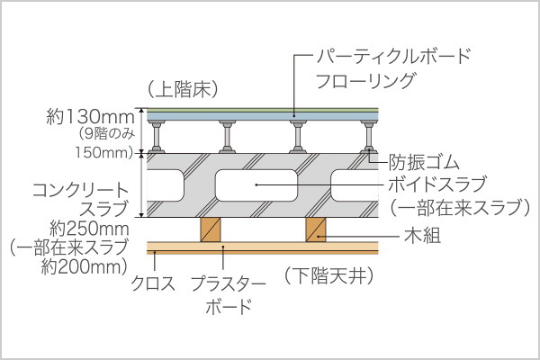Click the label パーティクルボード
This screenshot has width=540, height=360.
click(x=393, y=56)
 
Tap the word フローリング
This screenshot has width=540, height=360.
click(x=365, y=81)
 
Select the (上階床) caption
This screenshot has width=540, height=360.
click(x=184, y=90)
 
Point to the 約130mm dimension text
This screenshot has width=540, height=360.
click(x=90, y=117)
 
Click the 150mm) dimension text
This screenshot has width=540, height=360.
click(x=104, y=152)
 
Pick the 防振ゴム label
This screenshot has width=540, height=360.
click(x=424, y=162)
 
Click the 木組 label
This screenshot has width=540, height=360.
click(x=423, y=237)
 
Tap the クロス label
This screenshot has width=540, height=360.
click(x=153, y=283)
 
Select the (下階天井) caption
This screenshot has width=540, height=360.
click(x=328, y=276)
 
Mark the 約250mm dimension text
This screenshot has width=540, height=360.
click(x=89, y=229)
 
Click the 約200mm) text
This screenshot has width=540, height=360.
click(x=85, y=267)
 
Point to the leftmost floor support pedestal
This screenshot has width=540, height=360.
click(x=157, y=137)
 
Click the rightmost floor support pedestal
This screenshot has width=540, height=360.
click(x=369, y=137)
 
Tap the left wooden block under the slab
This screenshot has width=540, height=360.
click(x=211, y=229)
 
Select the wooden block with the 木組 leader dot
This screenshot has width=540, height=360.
click(x=316, y=229)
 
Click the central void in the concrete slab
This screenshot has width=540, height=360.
click(x=256, y=185)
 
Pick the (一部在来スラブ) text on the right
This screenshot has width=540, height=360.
click(x=460, y=207)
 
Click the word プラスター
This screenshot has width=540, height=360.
click(x=229, y=283)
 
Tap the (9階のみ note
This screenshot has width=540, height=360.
click(x=106, y=134)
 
